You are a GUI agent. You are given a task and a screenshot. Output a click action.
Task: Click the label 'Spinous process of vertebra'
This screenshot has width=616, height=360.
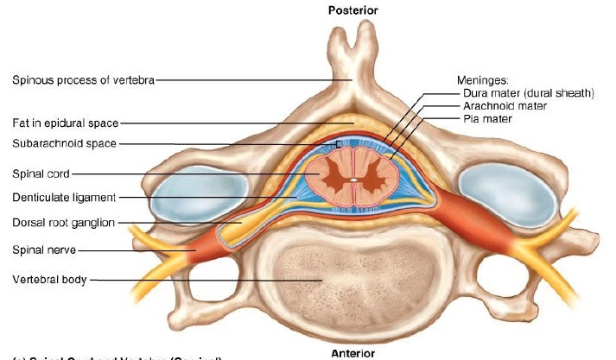83,81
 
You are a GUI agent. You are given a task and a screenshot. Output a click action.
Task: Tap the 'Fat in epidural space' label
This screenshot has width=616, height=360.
65,123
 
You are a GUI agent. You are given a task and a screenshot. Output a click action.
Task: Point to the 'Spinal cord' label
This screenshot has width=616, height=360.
41,174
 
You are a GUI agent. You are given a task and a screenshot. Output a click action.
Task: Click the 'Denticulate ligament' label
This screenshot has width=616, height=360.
64,198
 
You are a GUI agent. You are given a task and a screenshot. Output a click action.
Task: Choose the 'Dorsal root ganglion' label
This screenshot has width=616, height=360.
63,223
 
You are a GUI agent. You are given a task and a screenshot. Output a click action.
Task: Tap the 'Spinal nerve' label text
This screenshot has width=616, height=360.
44,250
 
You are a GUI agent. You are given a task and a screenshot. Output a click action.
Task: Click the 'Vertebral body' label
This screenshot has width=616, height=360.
50,280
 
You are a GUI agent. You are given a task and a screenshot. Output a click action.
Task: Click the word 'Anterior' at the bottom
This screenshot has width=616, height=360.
352,353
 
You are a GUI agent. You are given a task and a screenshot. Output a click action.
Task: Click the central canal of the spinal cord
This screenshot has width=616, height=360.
353,181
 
